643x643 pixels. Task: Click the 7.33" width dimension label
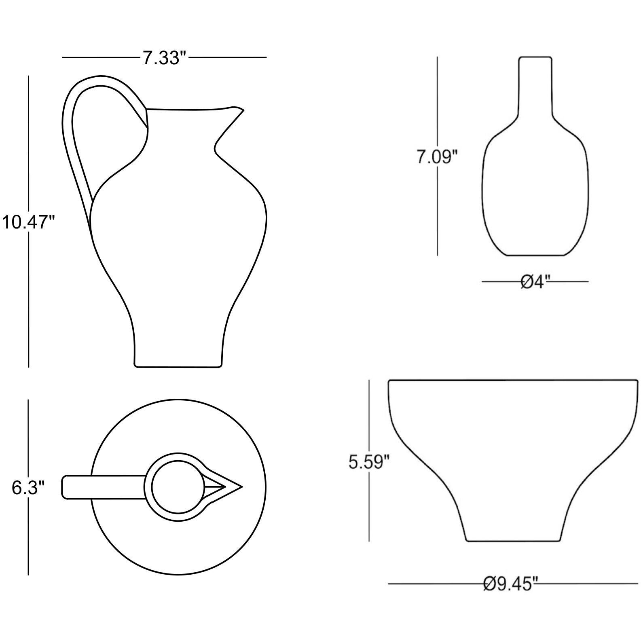click(x=165, y=58)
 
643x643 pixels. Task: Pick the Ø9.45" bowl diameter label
click(x=511, y=584)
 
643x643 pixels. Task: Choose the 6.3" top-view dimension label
click(x=27, y=488)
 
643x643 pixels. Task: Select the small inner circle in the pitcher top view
click(x=178, y=487)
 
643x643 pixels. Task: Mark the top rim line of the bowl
click(x=512, y=380)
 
